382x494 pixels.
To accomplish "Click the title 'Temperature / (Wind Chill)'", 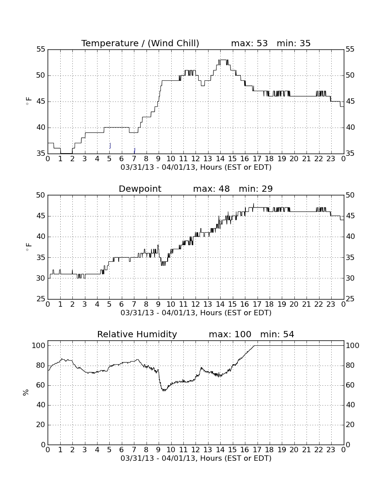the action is (x=140, y=43).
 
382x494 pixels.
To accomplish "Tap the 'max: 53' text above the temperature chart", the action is (x=249, y=43).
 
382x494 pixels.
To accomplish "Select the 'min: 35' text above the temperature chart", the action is (x=294, y=43).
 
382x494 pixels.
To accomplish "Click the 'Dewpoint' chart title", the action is (x=140, y=189).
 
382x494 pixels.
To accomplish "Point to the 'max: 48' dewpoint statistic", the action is (x=212, y=189).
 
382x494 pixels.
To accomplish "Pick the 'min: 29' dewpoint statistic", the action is (x=256, y=189).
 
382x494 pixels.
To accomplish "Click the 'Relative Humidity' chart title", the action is (x=137, y=334).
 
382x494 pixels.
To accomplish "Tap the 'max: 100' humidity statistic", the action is (x=230, y=334).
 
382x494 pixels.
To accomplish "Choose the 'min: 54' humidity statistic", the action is (x=277, y=334).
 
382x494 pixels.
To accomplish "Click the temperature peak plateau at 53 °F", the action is (x=223, y=60).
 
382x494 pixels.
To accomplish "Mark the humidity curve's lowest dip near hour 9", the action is (x=164, y=390).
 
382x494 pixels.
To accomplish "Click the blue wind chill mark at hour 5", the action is (x=110, y=146).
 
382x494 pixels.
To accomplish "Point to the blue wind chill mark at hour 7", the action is (x=134, y=150).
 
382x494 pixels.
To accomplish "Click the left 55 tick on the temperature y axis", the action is (x=41, y=49).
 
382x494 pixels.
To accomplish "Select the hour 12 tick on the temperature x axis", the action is (x=195, y=159).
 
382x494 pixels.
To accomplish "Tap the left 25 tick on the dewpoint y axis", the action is (x=41, y=299).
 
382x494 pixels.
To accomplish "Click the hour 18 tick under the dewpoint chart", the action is (x=269, y=304).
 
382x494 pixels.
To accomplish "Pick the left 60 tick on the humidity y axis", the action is (x=41, y=385).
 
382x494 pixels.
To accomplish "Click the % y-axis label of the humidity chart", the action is (x=26, y=392).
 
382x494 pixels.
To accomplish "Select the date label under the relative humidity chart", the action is (x=196, y=458).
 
